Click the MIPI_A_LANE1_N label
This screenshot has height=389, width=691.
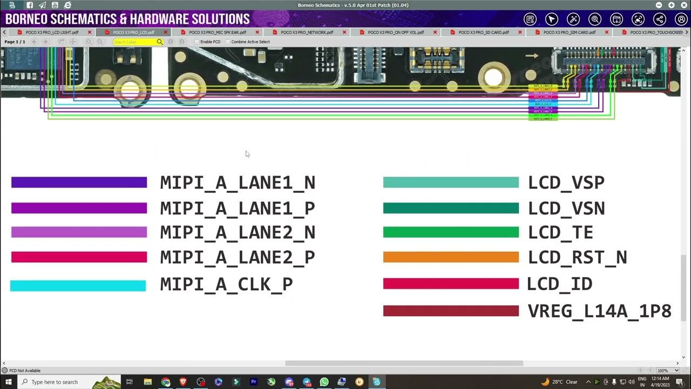coord(238,183)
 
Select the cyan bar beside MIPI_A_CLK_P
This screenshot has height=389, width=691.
coord(78,286)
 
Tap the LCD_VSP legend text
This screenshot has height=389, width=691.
coord(566,183)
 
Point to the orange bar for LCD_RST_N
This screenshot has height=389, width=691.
coord(451,257)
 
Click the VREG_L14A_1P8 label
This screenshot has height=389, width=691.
coord(599,311)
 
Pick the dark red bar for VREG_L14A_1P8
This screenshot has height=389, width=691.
coord(451,311)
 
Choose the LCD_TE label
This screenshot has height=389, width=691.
coord(560,233)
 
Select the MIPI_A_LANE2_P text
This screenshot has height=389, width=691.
coord(238,257)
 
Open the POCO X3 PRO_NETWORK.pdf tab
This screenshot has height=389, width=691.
coord(307,32)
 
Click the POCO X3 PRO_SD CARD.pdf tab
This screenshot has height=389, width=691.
coord(483,32)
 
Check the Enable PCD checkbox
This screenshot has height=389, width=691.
coord(197,42)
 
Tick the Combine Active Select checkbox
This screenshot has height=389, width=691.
coord(228,42)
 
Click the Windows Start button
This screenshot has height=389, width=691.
coord(9,382)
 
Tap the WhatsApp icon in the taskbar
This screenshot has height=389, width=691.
coord(324,382)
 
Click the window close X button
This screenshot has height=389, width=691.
coord(683,5)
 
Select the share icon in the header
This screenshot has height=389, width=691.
coord(659,19)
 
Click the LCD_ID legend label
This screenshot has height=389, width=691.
coord(559,284)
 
